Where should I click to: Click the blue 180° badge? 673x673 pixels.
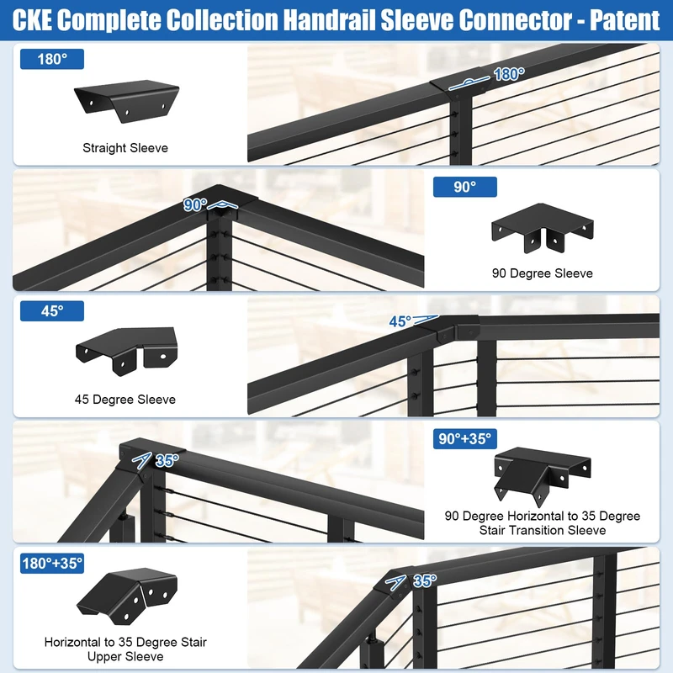click(53, 60)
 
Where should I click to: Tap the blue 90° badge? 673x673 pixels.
click(464, 187)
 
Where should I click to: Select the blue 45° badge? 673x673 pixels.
click(53, 311)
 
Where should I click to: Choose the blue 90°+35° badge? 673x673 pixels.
click(464, 438)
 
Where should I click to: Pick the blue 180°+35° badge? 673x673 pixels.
click(53, 563)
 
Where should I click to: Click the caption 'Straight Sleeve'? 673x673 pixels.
click(125, 148)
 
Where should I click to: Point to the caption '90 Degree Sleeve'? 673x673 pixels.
click(543, 273)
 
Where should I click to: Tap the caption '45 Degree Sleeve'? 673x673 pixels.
click(125, 400)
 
